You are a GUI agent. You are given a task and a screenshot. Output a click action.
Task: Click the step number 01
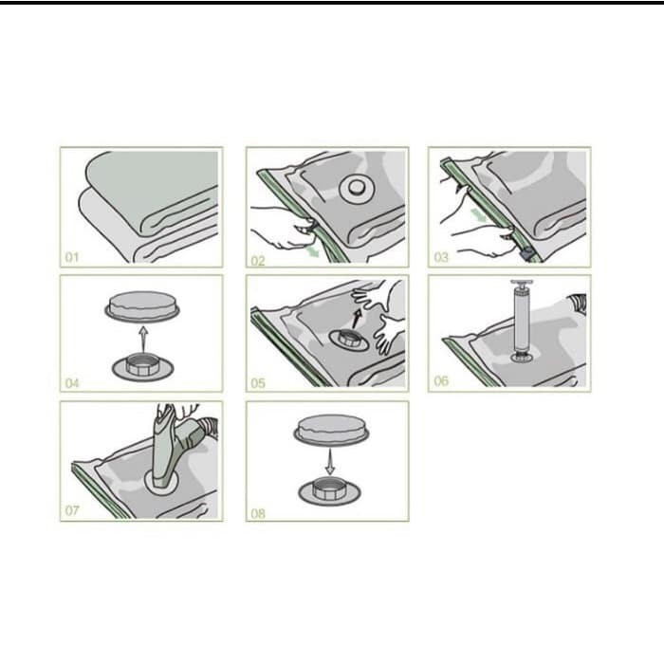[x=72, y=257]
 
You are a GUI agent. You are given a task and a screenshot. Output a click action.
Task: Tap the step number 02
[x=258, y=261]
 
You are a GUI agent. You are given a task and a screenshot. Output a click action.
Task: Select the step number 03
[x=441, y=257]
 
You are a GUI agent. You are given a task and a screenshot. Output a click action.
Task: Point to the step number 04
[x=72, y=383]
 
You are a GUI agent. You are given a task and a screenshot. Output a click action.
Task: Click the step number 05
[x=258, y=383]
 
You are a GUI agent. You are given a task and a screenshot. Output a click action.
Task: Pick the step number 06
[x=441, y=381]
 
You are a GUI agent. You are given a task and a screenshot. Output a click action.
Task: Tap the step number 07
[x=72, y=510]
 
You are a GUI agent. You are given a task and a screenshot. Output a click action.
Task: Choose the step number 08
[x=258, y=514]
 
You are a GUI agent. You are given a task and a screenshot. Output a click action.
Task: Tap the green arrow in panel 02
[x=313, y=251]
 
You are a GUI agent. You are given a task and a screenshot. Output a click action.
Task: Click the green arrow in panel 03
[x=479, y=215]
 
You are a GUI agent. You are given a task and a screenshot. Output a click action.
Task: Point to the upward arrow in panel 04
[x=143, y=340]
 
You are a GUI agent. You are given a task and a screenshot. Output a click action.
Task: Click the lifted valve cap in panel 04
[x=142, y=305]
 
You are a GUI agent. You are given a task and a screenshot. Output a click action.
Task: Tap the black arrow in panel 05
[x=357, y=320]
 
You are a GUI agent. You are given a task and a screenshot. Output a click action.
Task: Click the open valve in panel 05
[x=349, y=340]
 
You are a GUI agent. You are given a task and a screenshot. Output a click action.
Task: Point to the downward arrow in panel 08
[x=330, y=462]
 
